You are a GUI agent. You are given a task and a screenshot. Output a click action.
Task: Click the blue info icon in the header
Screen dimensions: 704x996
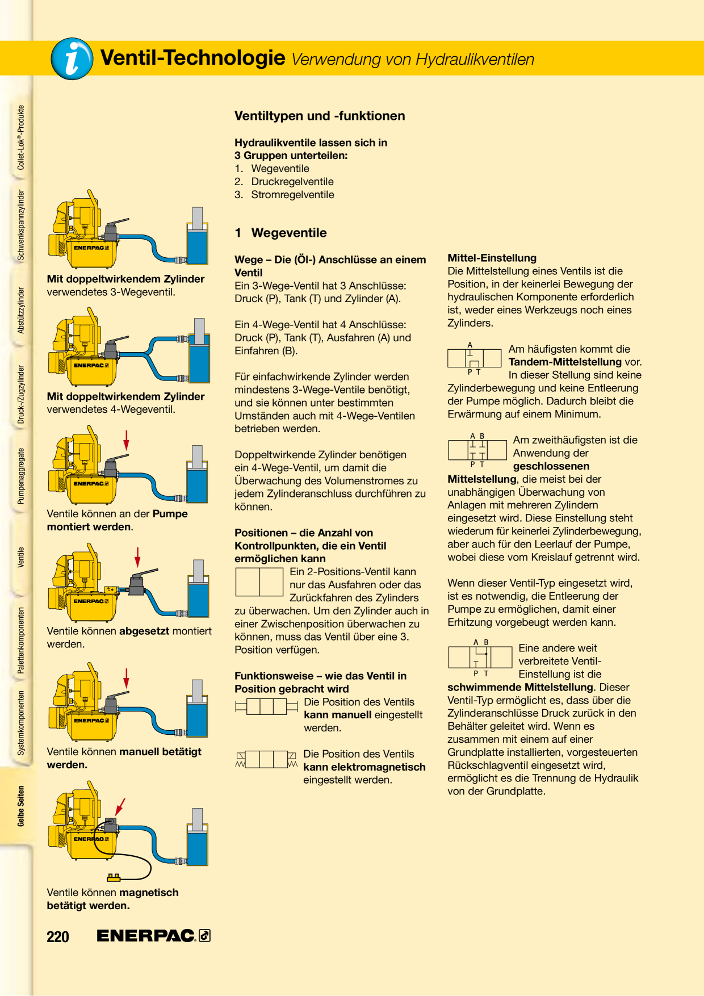coord(72,58)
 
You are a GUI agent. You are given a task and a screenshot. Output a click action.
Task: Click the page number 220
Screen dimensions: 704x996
coord(58,936)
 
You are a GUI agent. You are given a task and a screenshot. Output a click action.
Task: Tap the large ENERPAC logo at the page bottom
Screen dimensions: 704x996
coord(153,936)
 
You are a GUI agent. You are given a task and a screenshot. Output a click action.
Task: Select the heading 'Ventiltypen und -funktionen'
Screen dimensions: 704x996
coord(320,116)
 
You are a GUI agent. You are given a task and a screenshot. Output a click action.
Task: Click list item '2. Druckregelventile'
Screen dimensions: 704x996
coord(284,182)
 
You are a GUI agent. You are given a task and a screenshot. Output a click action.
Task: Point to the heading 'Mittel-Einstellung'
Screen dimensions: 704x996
coord(492,258)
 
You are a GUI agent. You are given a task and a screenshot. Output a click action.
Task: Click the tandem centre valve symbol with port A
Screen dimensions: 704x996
coord(475,358)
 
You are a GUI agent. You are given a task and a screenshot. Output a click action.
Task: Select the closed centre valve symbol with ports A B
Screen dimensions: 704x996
coord(477,450)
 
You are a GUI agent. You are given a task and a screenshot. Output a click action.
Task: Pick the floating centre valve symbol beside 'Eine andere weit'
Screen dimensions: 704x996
coord(480,658)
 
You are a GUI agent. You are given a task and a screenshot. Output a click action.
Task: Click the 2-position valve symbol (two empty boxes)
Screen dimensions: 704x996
coord(259,581)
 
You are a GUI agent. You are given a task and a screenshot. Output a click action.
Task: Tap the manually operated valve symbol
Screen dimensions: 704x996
coord(266,706)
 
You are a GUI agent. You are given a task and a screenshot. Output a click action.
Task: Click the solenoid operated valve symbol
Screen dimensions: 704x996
coord(266,759)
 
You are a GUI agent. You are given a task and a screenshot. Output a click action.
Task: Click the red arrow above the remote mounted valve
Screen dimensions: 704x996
coord(137,558)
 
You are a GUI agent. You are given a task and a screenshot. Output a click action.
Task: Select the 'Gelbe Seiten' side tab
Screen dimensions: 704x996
coord(21,806)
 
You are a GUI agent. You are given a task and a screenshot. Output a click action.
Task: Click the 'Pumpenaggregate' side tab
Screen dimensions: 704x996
coord(21,476)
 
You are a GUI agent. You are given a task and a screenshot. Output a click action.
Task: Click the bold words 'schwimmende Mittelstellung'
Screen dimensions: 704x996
coord(520,687)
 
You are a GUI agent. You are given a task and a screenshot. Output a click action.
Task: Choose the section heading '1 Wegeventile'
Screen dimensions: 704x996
coord(280,233)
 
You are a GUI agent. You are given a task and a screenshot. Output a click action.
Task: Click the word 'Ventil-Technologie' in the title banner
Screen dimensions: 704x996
coord(192,58)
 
